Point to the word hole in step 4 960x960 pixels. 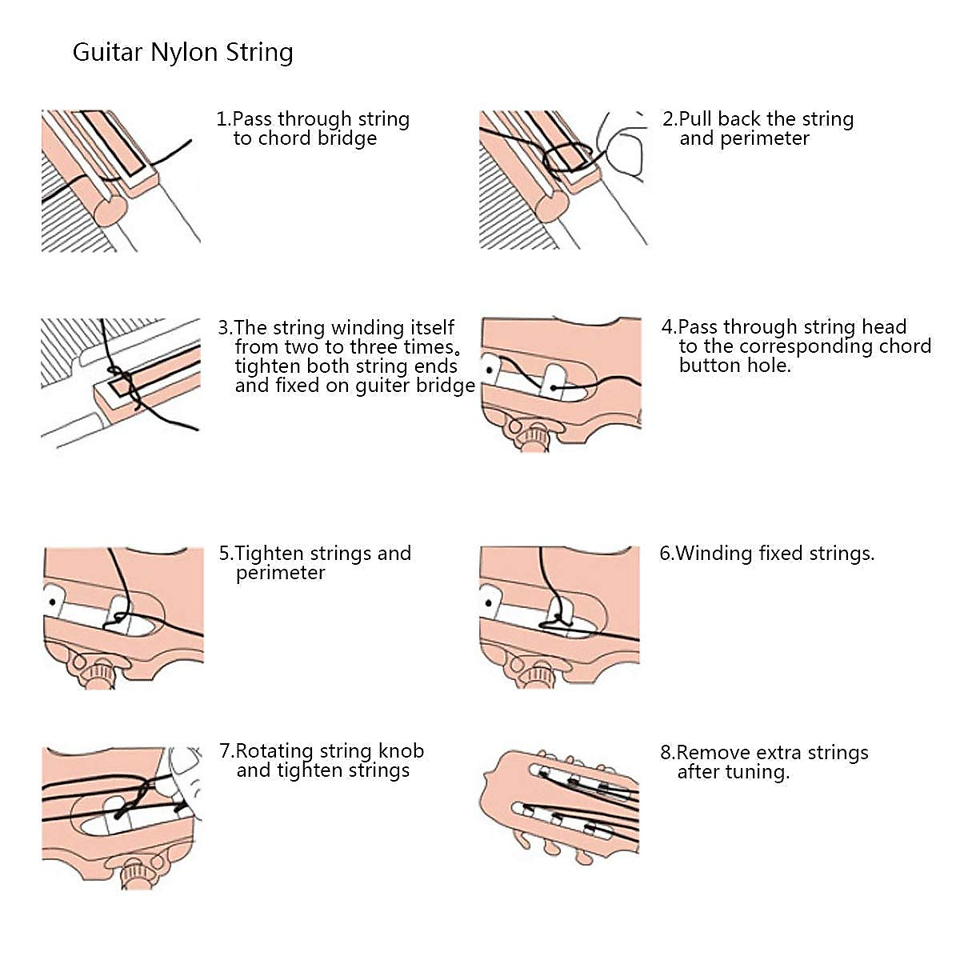[x=771, y=366]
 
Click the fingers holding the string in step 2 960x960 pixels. [x=623, y=148]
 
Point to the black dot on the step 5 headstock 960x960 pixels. [x=52, y=601]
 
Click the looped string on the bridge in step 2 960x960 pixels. [x=567, y=156]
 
